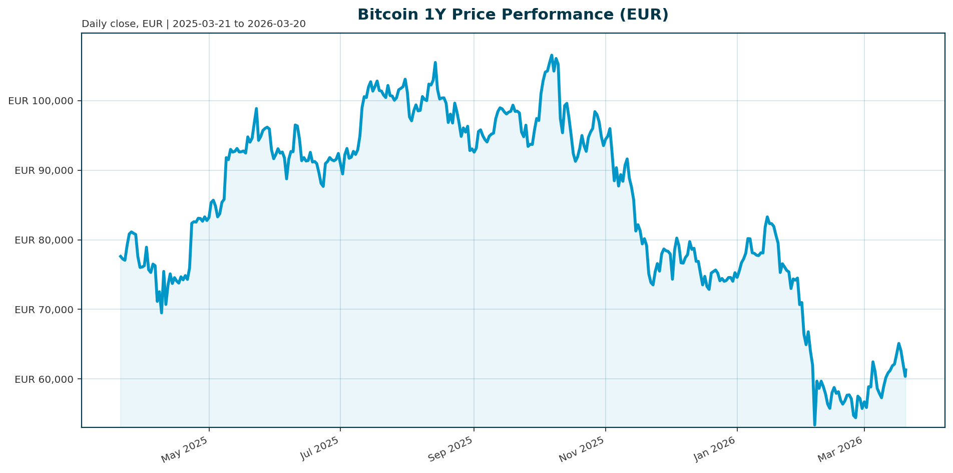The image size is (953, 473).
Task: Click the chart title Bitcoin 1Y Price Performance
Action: [513, 15]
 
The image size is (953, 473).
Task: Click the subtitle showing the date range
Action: [193, 24]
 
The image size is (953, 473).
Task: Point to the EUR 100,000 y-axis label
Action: [41, 101]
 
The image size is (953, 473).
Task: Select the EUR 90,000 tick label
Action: [44, 170]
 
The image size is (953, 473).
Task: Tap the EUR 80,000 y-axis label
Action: [44, 240]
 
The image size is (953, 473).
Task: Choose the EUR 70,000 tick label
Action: [44, 310]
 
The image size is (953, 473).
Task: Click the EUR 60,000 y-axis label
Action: [44, 379]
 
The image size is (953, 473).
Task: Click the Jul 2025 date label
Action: [319, 449]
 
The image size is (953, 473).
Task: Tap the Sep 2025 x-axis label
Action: [451, 449]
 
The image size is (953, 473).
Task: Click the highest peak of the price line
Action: [552, 55]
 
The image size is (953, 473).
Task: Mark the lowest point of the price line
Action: [814, 425]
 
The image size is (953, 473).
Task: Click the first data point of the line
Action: [120, 256]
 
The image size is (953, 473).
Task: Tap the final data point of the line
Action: [906, 370]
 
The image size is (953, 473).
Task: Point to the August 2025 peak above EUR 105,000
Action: [435, 63]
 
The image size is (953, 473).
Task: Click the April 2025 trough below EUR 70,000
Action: [161, 313]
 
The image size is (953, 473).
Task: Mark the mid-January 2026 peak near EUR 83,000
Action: [767, 217]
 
